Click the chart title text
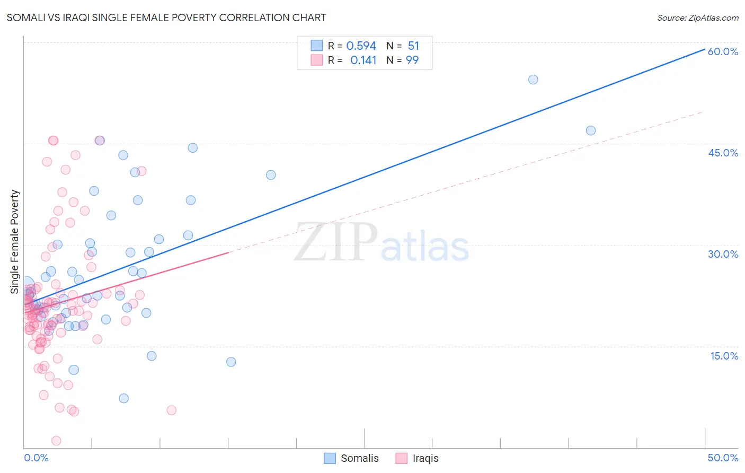point(166,17)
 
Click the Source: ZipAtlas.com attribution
point(697,17)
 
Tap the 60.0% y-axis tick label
point(723,51)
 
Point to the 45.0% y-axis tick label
point(723,153)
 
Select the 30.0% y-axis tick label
point(723,254)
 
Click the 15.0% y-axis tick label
point(724,356)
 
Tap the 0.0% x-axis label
point(36,458)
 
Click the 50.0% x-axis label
point(723,458)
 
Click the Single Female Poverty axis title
point(15,242)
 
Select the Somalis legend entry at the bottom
point(352,458)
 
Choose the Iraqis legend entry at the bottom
point(418,458)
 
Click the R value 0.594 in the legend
point(361,46)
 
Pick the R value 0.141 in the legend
point(363,60)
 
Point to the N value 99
point(412,60)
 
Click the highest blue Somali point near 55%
point(533,80)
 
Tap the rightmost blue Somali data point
point(591,130)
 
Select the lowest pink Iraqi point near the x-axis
point(56,441)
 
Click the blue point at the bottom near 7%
point(124,398)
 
